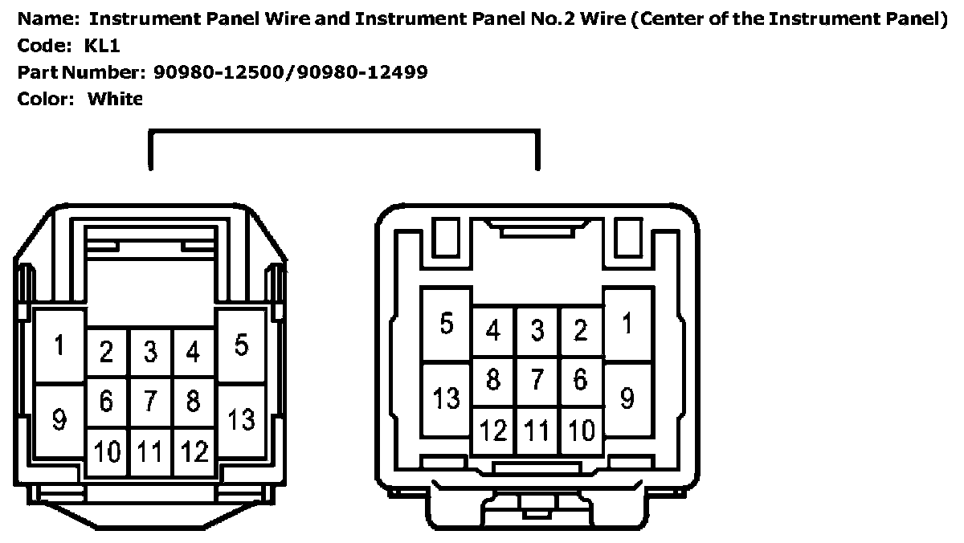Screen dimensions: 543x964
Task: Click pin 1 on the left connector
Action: pyautogui.click(x=59, y=346)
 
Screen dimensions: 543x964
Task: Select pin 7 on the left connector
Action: pyautogui.click(x=150, y=399)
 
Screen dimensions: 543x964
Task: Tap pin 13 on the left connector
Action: pyautogui.click(x=241, y=418)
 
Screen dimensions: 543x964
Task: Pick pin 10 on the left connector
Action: pyautogui.click(x=107, y=452)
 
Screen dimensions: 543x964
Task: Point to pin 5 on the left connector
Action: pyautogui.click(x=241, y=345)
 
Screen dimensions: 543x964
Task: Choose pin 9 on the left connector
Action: pyautogui.click(x=59, y=418)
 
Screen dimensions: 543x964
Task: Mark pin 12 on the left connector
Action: pyautogui.click(x=194, y=452)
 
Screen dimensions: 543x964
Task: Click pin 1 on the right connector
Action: pyautogui.click(x=627, y=325)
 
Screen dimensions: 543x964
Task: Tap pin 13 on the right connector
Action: pyautogui.click(x=447, y=397)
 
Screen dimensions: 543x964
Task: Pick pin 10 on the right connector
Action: pyautogui.click(x=581, y=430)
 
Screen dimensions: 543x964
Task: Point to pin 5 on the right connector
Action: pyautogui.click(x=447, y=325)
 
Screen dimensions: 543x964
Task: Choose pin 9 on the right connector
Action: pyautogui.click(x=627, y=397)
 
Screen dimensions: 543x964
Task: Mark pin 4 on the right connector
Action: pyautogui.click(x=493, y=330)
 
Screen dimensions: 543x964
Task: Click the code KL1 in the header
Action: pyautogui.click(x=102, y=46)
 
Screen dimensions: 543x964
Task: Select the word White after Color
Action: pyautogui.click(x=115, y=100)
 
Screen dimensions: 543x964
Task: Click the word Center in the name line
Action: pyautogui.click(x=666, y=19)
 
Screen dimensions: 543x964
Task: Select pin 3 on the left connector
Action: pyautogui.click(x=150, y=351)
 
